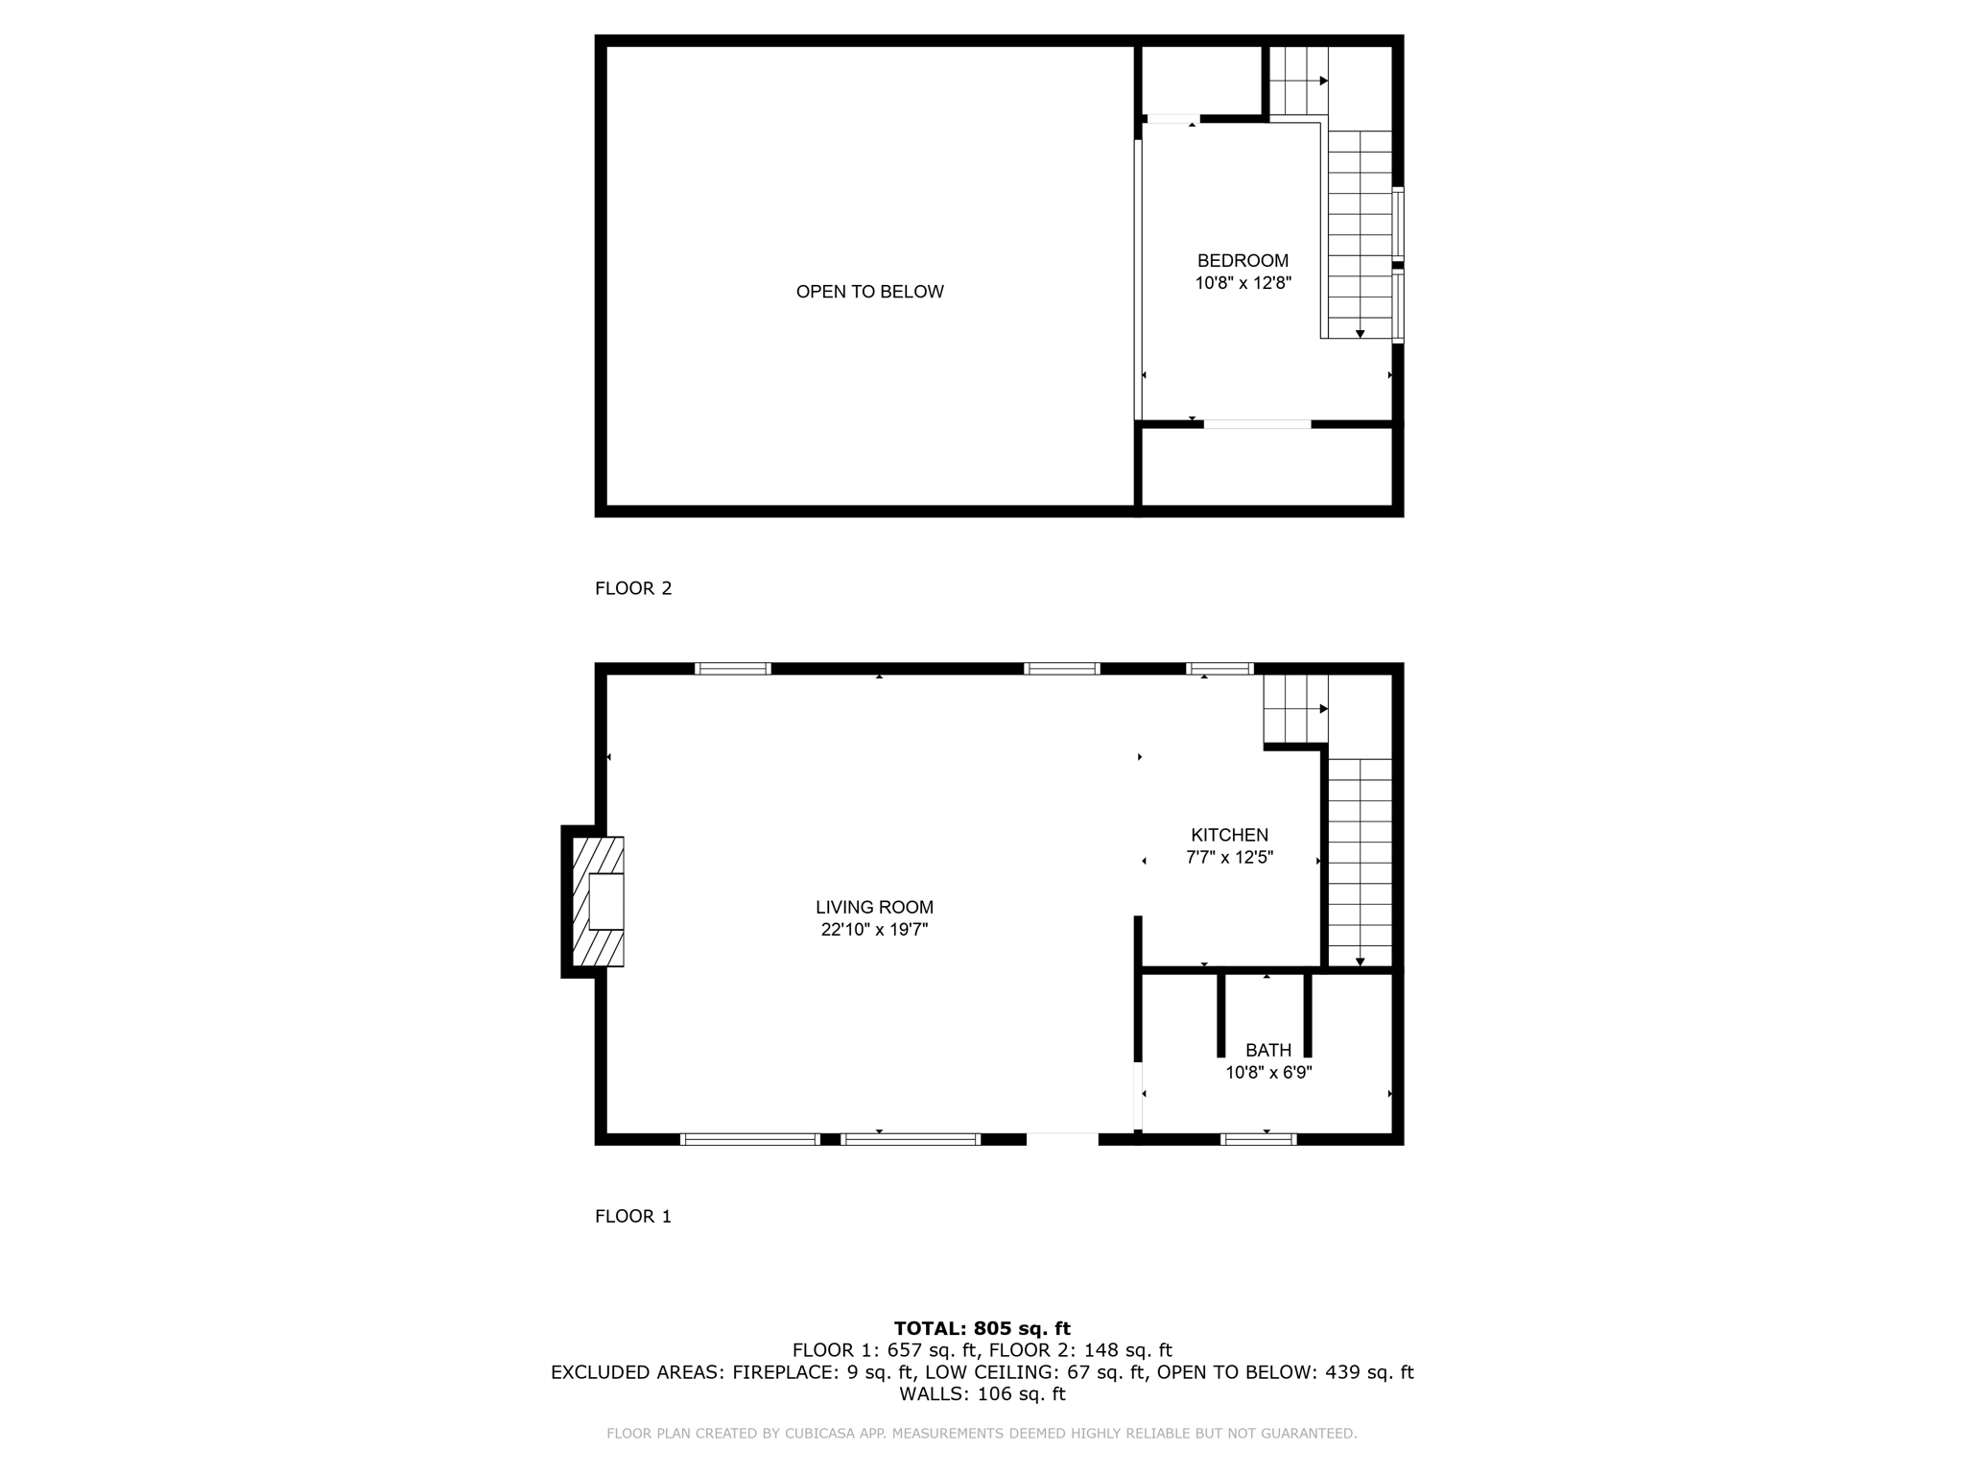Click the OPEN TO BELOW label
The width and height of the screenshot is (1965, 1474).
(869, 292)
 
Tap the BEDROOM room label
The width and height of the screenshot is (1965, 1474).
(1243, 261)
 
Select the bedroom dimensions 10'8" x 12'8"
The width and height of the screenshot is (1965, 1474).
(1243, 284)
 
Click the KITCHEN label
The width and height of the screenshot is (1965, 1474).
(1229, 835)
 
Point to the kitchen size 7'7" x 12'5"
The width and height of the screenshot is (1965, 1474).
(1229, 858)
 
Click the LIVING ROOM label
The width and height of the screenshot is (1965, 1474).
(874, 907)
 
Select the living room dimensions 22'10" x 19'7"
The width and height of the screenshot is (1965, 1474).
(874, 930)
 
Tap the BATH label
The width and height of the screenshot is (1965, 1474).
(1268, 1050)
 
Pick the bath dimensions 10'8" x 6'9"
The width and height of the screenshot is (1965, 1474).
(1268, 1073)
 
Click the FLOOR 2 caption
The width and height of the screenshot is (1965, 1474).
(633, 588)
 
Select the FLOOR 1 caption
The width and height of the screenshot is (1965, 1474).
(633, 1216)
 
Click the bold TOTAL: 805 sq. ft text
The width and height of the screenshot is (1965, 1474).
(982, 1328)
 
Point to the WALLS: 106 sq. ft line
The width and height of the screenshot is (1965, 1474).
(982, 1393)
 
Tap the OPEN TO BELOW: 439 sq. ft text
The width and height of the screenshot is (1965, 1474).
(1285, 1372)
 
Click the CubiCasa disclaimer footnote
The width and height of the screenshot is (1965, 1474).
(982, 1434)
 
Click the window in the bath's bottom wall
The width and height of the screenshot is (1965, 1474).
(1258, 1140)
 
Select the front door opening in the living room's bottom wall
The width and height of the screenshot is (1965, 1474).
(1062, 1139)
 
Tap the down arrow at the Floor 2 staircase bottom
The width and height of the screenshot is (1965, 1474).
(1360, 334)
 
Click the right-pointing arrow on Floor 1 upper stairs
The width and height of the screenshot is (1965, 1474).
(1323, 709)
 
